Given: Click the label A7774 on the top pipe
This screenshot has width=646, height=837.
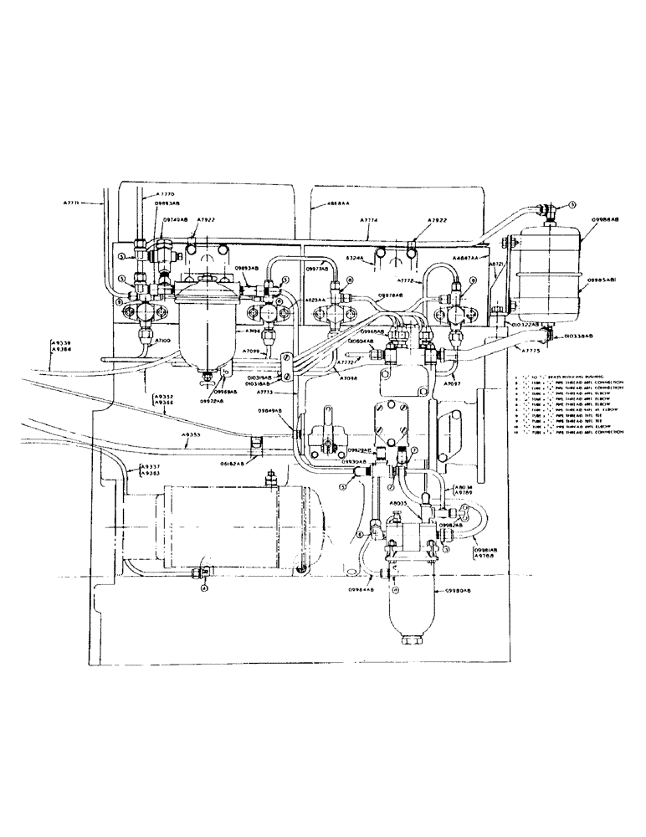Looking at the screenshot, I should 368,220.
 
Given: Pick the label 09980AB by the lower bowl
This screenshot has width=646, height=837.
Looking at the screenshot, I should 455,589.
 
